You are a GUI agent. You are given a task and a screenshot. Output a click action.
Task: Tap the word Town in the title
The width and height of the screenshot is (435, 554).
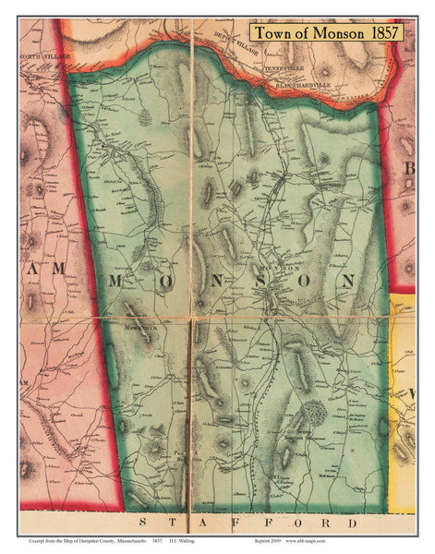click(274, 32)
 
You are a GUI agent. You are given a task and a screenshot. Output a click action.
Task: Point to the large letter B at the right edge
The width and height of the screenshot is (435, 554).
click(407, 168)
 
